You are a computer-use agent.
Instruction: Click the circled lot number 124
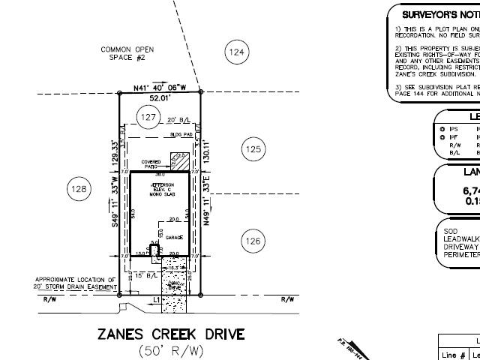(x=236, y=52)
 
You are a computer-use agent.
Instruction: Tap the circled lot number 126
(x=253, y=241)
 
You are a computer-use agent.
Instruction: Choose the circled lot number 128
(x=79, y=189)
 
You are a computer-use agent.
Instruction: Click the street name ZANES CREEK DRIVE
(x=171, y=334)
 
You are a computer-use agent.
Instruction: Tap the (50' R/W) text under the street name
(x=171, y=351)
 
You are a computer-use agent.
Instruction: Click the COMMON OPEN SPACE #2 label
(x=127, y=54)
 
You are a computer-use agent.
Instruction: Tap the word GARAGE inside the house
(x=174, y=237)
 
